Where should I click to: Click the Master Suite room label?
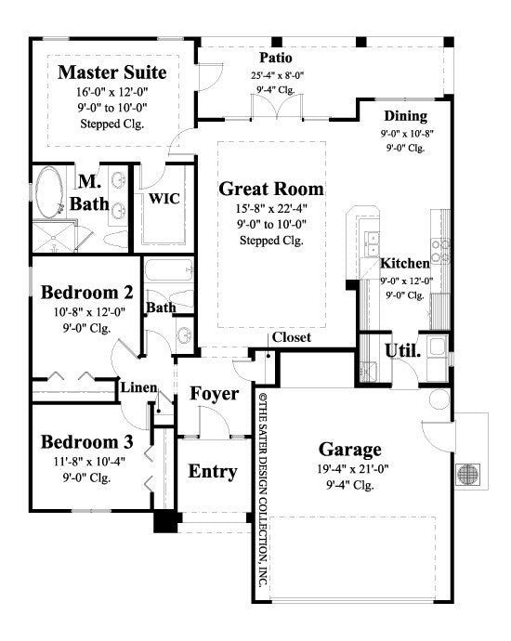tap(112, 72)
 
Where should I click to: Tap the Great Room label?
tap(271, 190)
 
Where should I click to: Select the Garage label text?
tap(349, 450)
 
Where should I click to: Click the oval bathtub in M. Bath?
tap(50, 196)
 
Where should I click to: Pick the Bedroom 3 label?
tap(87, 440)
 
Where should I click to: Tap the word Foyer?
tap(215, 394)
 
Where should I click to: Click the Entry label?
tap(213, 471)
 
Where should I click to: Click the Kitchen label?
tap(405, 264)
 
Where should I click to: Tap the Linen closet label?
tap(138, 387)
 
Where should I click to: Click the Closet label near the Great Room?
tap(291, 337)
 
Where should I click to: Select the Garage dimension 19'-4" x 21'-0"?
tap(350, 469)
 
